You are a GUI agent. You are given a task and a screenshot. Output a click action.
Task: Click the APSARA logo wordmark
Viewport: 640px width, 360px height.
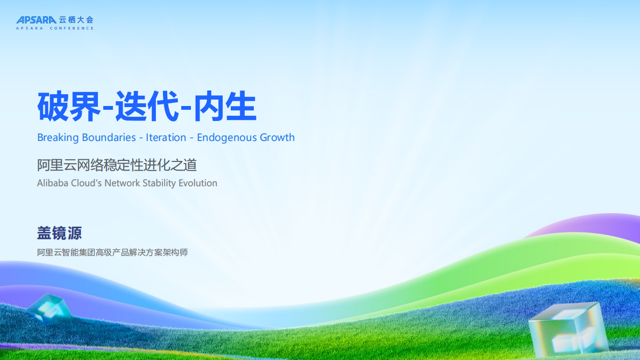[37, 19]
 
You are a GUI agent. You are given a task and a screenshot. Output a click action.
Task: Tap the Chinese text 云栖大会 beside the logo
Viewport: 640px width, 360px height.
[76, 19]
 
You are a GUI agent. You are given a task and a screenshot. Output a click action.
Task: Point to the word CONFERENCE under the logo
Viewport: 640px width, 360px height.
[72, 28]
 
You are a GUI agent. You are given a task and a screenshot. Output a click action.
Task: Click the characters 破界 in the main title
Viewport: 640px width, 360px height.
[69, 107]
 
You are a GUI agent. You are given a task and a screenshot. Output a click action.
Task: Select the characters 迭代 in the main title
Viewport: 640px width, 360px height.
[147, 107]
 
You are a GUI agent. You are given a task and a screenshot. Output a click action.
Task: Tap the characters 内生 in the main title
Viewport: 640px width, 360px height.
[225, 107]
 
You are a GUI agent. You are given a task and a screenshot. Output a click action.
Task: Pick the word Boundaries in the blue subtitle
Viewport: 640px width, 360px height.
[109, 138]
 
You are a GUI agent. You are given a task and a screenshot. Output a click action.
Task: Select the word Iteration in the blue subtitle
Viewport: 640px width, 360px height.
[166, 138]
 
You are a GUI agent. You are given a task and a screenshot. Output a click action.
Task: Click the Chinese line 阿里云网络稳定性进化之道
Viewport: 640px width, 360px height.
[117, 165]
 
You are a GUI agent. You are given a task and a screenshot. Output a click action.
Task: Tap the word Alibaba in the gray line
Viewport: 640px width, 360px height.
[53, 183]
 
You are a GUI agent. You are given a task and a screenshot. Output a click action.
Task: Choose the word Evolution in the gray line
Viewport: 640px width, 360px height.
[197, 183]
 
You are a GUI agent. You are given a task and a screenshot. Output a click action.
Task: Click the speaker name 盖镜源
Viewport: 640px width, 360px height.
[60, 233]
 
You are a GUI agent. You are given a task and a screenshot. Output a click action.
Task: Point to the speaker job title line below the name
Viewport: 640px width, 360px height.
[112, 253]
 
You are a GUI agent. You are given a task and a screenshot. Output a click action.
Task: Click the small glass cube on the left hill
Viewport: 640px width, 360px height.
[48, 308]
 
